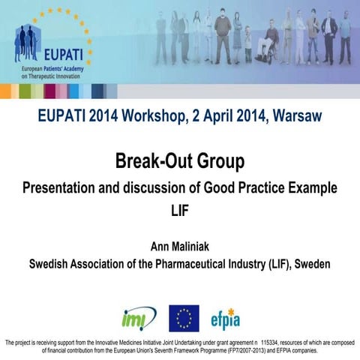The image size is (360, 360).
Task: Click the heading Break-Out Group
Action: pyautogui.click(x=180, y=160)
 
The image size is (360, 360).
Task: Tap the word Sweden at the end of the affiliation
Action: pyautogui.click(x=313, y=264)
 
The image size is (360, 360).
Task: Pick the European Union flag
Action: pyautogui.click(x=184, y=318)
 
